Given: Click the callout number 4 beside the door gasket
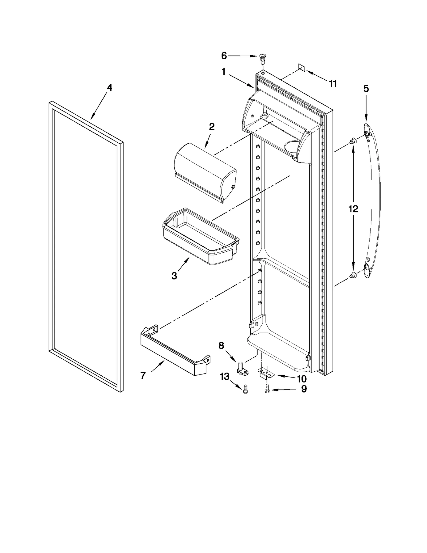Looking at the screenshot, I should click(109, 88).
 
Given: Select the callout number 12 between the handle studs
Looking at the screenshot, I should click(353, 209).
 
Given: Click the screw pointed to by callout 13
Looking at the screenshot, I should click(245, 389).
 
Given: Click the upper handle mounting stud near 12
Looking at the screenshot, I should click(353, 140).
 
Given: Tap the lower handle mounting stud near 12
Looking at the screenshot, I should click(353, 275).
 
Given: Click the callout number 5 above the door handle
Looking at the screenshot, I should click(366, 89).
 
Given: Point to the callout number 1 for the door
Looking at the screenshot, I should click(224, 72).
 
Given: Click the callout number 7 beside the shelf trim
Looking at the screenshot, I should click(143, 376).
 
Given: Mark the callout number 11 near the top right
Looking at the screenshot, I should click(333, 84).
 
